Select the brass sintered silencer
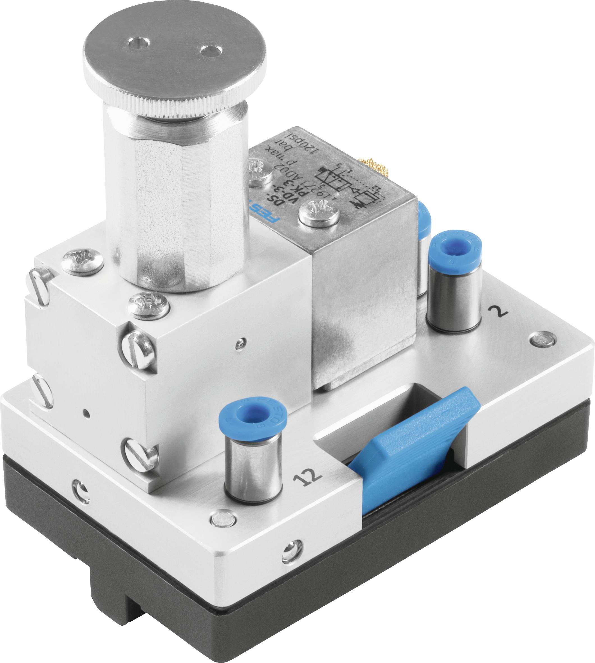click(x=373, y=163)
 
